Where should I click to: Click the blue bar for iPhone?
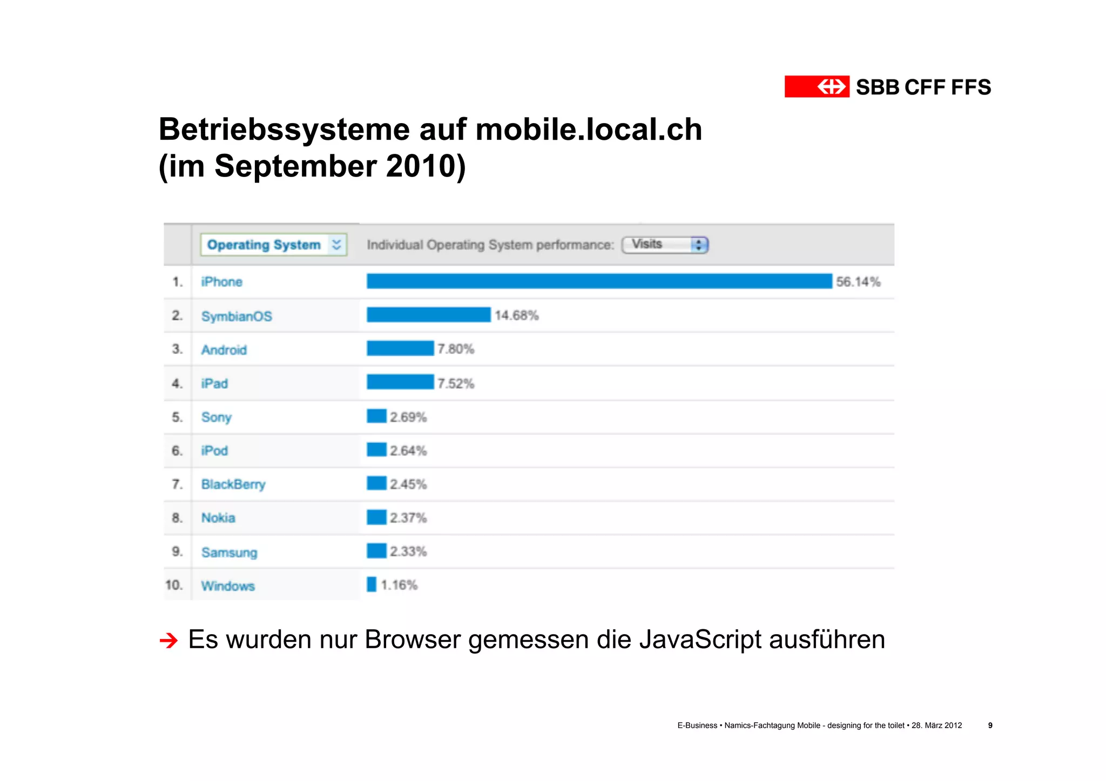[x=599, y=281]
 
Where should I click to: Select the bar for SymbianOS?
[x=428, y=315]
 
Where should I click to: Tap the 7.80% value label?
[x=456, y=349]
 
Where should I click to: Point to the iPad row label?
[x=214, y=384]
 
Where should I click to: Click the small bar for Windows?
[x=372, y=585]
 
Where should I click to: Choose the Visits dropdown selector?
[x=665, y=245]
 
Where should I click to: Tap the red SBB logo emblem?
[x=817, y=86]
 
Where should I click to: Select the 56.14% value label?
[x=858, y=282]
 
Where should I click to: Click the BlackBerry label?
[x=233, y=484]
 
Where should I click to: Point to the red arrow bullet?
[x=169, y=641]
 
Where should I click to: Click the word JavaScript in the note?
[x=700, y=640]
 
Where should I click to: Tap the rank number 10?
[x=174, y=585]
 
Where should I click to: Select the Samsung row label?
[x=229, y=552]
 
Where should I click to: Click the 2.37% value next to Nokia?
[x=408, y=518]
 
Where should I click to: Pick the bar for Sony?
[x=376, y=416]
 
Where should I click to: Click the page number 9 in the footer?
[x=990, y=725]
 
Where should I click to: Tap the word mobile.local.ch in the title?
[x=589, y=130]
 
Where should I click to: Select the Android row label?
[x=224, y=350]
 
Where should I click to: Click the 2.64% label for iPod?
[x=408, y=451]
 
